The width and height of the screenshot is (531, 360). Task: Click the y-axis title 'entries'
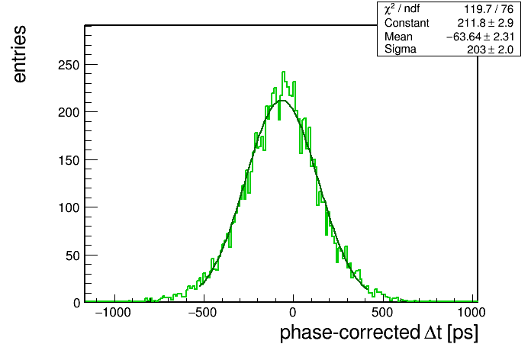point(20,54)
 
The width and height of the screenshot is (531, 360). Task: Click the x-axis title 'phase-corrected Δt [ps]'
point(379,333)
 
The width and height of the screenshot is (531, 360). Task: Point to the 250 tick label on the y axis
point(69,65)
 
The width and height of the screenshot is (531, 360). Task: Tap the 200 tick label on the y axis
point(69,112)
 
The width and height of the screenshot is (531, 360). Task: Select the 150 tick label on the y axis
point(69,160)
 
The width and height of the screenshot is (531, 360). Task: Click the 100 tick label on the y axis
point(69,207)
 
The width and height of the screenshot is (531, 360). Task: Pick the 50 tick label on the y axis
point(72,256)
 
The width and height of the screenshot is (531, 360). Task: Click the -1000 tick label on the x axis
point(113,312)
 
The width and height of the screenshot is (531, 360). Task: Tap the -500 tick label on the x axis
point(202,312)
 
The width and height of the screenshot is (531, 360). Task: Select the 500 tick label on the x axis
point(382,312)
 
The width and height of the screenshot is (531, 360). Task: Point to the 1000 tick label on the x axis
point(471,312)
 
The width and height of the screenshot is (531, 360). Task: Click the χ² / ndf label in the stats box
point(402,8)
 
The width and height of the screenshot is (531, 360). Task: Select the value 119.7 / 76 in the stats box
point(489,9)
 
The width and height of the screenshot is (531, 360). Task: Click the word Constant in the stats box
point(407,23)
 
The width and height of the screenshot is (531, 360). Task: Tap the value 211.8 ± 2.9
point(485,23)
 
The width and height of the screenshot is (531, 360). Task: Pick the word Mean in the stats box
point(398,37)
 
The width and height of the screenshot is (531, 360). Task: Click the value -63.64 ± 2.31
point(480,37)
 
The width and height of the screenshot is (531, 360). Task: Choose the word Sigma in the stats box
point(401,50)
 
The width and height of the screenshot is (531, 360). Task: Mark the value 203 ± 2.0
point(491,50)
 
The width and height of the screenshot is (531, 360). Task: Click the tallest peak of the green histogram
point(284,72)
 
